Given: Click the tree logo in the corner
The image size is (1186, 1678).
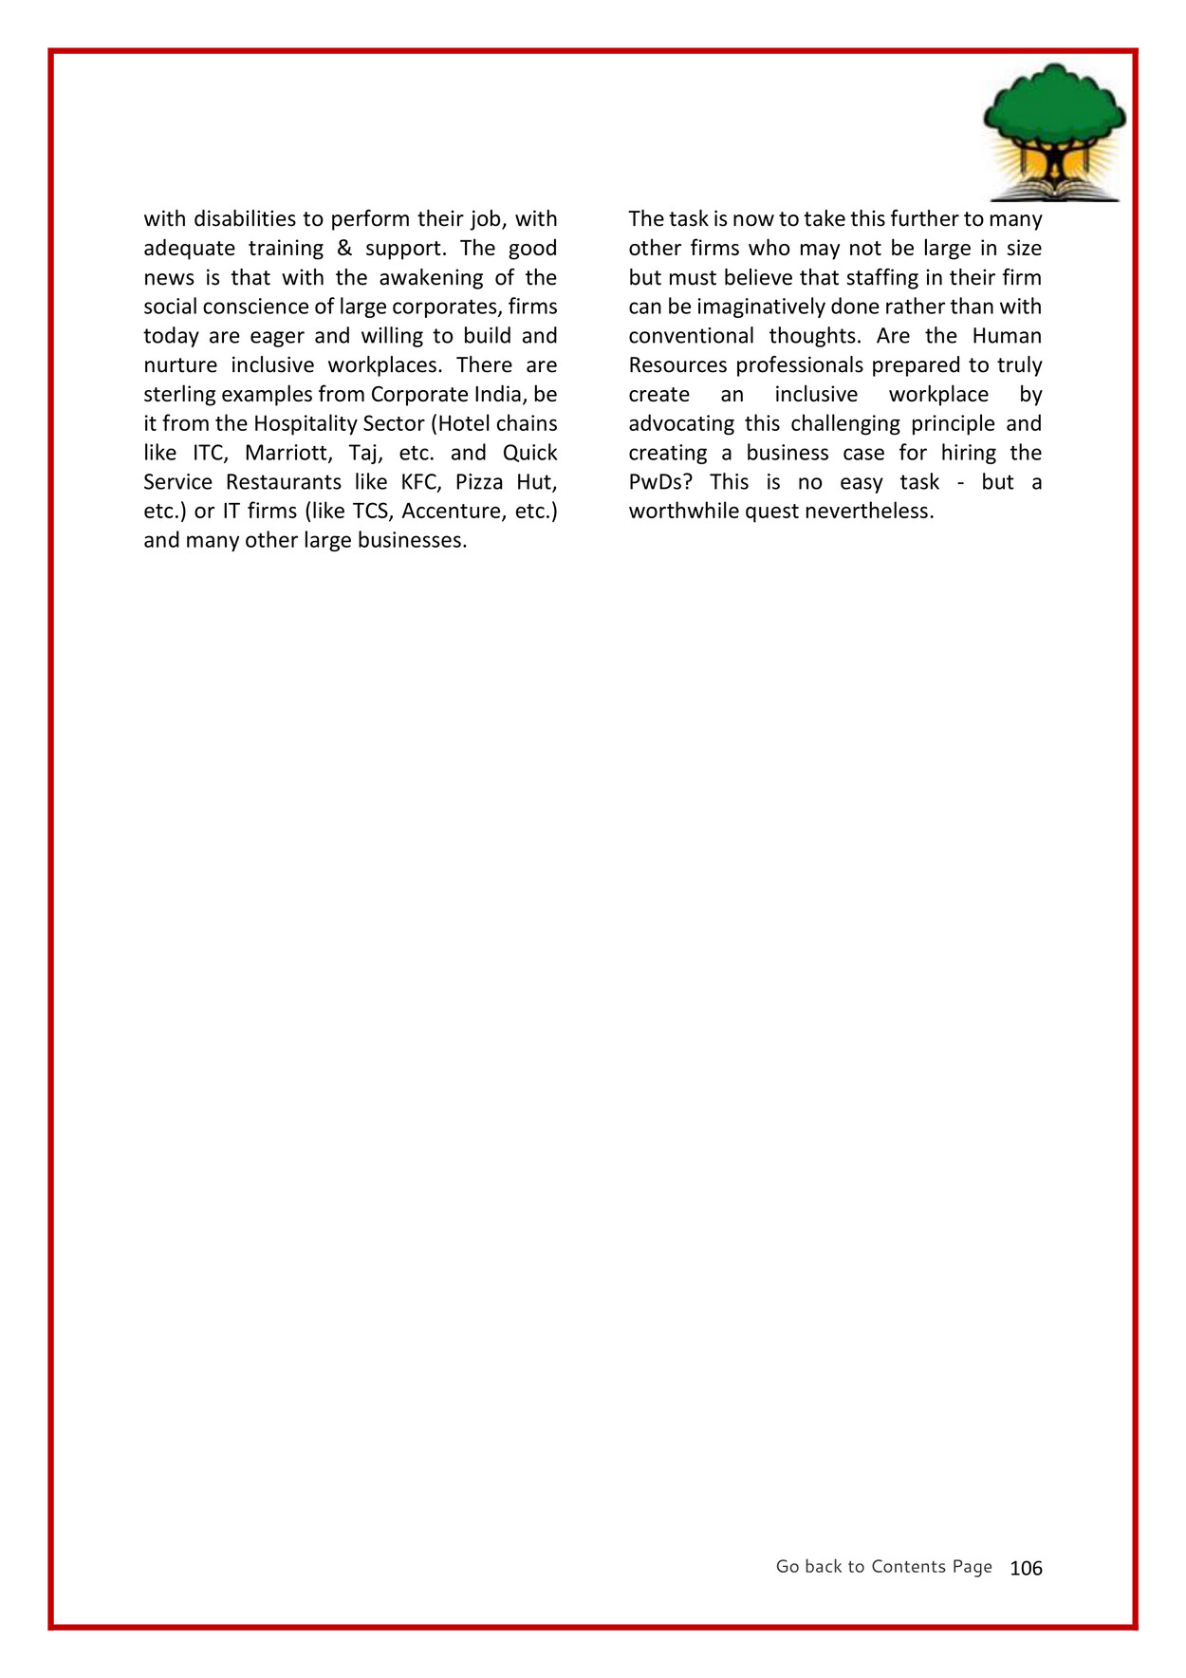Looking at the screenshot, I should (x=1054, y=133).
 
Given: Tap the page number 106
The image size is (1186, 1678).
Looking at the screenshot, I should (x=1026, y=1568).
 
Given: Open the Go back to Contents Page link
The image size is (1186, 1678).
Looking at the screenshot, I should (x=883, y=1567).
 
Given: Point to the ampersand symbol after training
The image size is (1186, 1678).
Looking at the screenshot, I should (x=344, y=249).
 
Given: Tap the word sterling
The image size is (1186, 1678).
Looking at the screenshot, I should (x=179, y=395).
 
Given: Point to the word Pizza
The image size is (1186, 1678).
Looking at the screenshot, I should (x=479, y=482).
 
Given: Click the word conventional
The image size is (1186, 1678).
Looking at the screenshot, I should (x=691, y=336).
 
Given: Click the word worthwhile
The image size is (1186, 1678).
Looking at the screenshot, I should (x=683, y=512).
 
